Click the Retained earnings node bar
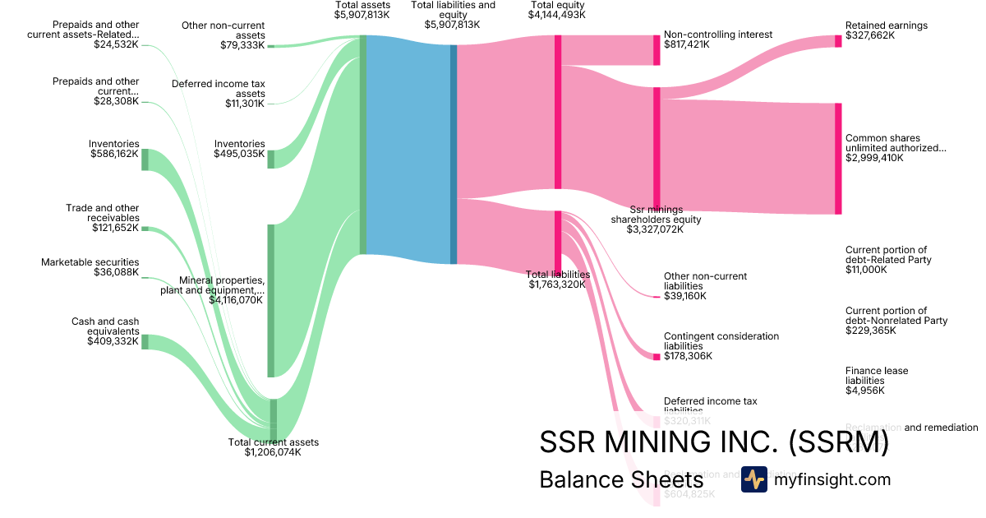pos(838,41)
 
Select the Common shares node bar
pos(838,159)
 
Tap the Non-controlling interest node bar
pos(657,50)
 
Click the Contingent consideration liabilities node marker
pos(657,356)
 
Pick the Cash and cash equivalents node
pos(145,341)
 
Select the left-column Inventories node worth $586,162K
pos(145,159)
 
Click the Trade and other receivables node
pos(145,229)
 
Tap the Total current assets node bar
pos(274,419)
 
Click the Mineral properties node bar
pos(271,300)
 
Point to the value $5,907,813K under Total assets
pos(362,15)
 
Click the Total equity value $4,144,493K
pos(557,15)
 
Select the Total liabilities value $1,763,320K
pos(557,284)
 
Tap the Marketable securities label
pos(90,262)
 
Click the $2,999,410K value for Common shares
pos(874,158)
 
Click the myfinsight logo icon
pos(753,479)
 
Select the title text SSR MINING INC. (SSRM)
pos(713,442)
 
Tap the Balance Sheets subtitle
pos(620,479)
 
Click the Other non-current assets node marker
pos(271,46)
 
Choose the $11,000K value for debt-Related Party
pos(866,270)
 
